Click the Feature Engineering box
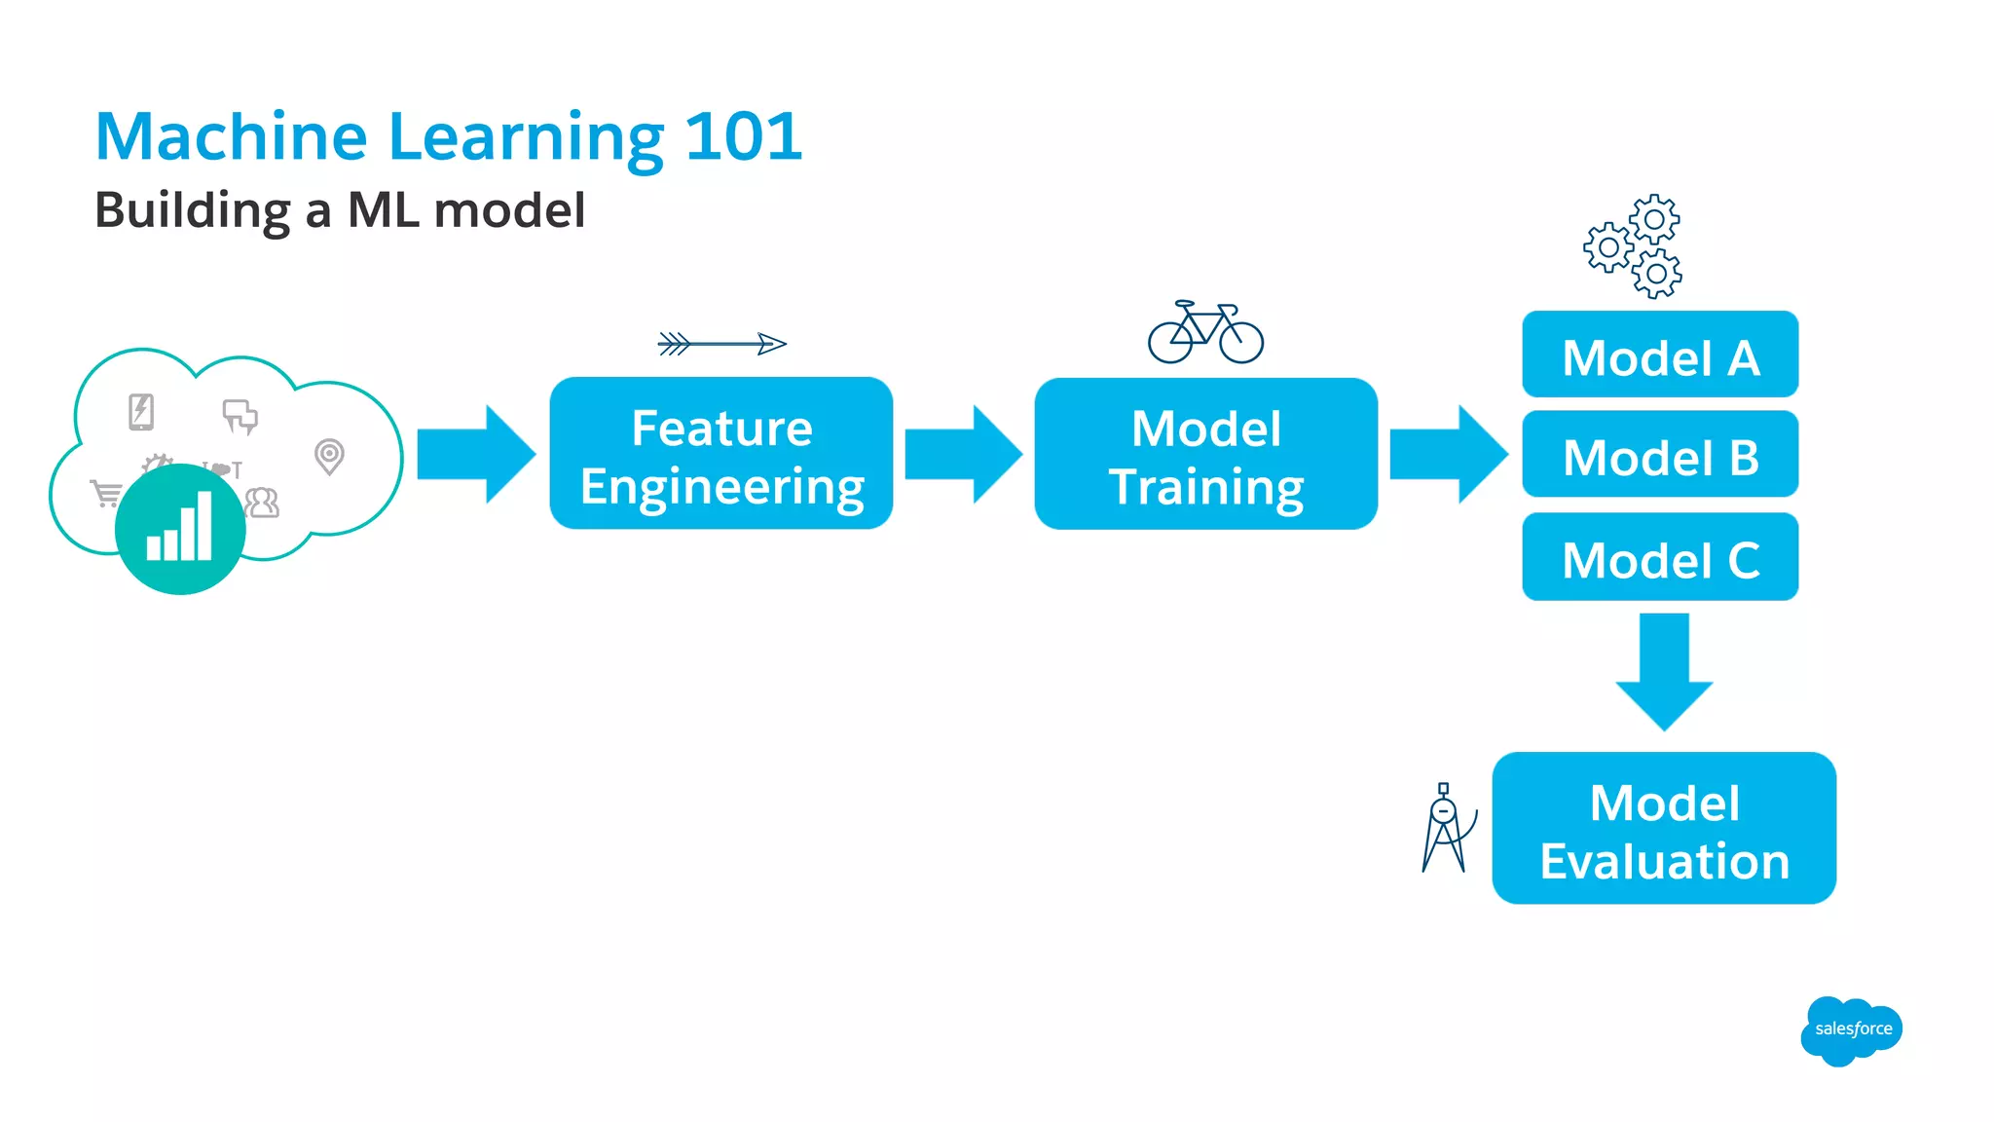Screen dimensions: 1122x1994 point(720,454)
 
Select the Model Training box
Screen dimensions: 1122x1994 point(1205,454)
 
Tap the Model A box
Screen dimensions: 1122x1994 point(1660,355)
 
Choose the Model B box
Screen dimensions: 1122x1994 point(1660,455)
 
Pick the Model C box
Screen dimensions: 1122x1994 point(1660,556)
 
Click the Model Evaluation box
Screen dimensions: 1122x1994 point(1664,829)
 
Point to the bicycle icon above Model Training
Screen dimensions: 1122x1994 point(1205,333)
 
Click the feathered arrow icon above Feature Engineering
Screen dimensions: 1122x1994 point(721,344)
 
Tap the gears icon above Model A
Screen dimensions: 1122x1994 point(1634,246)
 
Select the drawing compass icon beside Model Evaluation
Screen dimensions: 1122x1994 point(1446,829)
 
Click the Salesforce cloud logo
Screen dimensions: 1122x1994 point(1851,1030)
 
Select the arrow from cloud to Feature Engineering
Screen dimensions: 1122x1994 point(476,455)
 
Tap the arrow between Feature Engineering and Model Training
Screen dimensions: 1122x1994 point(963,455)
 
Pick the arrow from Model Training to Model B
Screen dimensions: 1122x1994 point(1448,455)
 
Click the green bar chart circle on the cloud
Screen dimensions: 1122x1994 point(180,529)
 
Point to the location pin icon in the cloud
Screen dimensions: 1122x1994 point(330,456)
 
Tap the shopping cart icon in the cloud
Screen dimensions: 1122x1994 point(106,493)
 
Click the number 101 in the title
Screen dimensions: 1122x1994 point(743,136)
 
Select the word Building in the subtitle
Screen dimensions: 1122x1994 point(193,211)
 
